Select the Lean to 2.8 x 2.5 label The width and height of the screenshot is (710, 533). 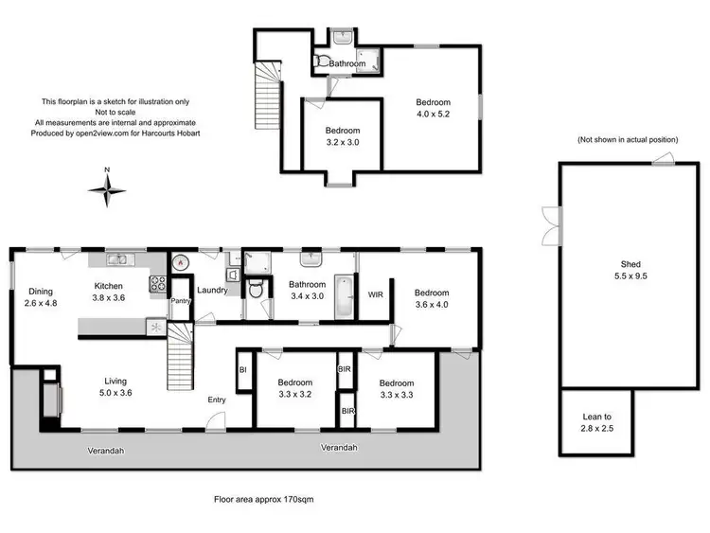point(595,422)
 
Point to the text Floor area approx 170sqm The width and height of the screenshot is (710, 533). point(264,497)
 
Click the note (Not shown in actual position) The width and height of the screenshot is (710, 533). point(628,139)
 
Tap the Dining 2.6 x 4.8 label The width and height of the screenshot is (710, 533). point(40,297)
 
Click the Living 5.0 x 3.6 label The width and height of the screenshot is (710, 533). point(115,387)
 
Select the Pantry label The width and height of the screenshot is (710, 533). point(180,302)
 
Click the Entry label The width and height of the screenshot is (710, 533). point(217,400)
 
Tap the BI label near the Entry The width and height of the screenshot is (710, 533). point(243,369)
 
